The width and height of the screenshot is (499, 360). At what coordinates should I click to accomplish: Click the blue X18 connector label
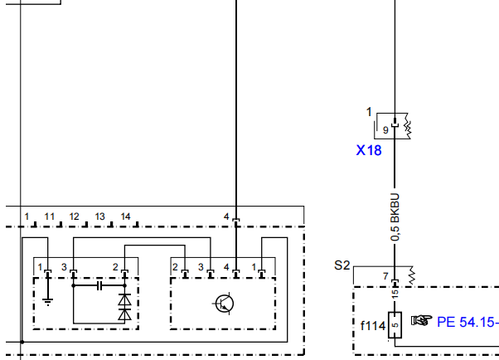(x=369, y=150)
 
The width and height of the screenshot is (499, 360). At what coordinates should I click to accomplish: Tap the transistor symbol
(x=224, y=304)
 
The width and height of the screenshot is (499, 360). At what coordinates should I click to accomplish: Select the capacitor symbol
(x=99, y=286)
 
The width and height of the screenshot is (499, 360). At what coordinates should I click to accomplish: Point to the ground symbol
(x=48, y=301)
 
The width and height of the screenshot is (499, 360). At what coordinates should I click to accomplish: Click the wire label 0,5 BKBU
(x=395, y=217)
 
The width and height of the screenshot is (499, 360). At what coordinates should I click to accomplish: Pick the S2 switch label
(x=342, y=265)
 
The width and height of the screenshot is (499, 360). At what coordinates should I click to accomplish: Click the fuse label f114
(x=373, y=326)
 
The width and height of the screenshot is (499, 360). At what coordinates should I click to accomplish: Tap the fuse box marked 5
(x=395, y=325)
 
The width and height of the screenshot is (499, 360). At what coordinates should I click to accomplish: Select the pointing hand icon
(x=422, y=320)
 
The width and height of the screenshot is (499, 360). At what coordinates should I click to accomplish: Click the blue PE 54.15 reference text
(x=468, y=322)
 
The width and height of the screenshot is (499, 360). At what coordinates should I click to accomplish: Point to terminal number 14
(x=125, y=216)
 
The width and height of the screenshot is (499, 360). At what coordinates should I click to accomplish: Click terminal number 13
(x=100, y=216)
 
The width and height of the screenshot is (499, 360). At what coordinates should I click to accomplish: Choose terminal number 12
(x=74, y=216)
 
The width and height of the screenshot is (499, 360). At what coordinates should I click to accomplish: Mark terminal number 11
(x=50, y=216)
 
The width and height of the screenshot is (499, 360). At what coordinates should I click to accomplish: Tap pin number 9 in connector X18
(x=385, y=130)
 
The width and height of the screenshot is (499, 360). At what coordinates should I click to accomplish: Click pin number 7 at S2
(x=385, y=276)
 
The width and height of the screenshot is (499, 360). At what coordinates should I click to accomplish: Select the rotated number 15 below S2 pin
(x=395, y=294)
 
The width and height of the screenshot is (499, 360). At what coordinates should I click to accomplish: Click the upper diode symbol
(x=124, y=299)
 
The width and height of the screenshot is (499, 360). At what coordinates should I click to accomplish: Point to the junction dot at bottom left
(x=22, y=342)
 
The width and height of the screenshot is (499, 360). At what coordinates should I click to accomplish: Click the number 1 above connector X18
(x=369, y=112)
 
